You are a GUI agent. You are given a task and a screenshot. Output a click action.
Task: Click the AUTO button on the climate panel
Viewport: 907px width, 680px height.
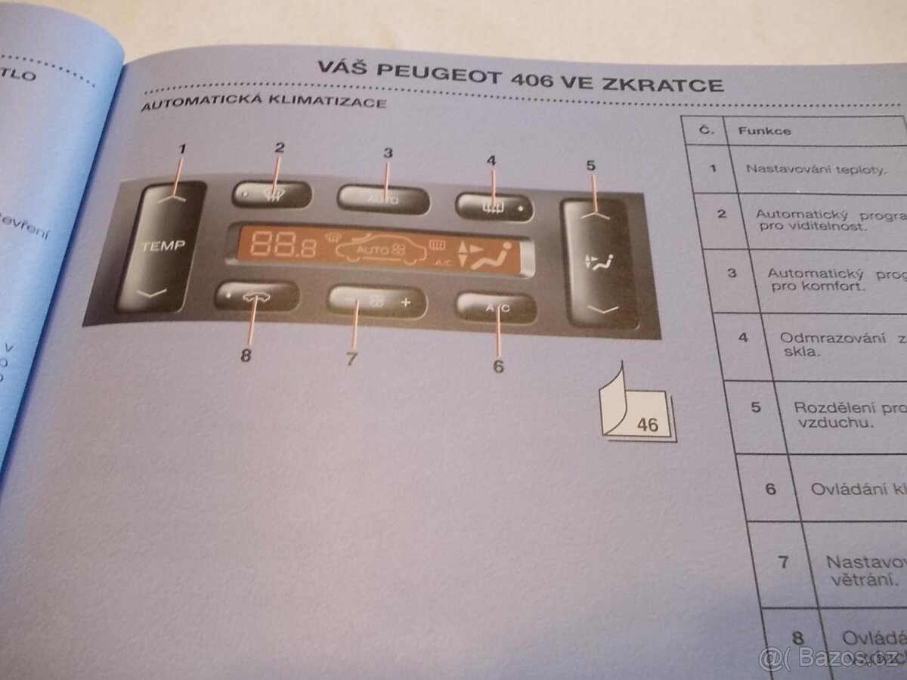[x=382, y=199]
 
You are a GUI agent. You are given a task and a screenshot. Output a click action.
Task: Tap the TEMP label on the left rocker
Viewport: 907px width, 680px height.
[x=162, y=246]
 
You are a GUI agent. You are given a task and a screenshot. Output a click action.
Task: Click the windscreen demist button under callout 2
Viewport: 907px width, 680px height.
[x=271, y=195]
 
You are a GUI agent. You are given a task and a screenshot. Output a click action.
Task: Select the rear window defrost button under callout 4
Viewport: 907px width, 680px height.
[x=494, y=206]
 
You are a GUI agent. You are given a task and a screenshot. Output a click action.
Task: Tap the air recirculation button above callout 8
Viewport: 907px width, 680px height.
[x=255, y=295]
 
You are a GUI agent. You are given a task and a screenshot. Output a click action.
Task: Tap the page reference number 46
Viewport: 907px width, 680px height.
[x=647, y=425]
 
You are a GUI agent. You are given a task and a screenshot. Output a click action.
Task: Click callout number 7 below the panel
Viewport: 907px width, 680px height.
[x=351, y=360]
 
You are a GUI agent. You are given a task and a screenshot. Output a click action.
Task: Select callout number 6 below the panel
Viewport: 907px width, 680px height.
[x=498, y=366]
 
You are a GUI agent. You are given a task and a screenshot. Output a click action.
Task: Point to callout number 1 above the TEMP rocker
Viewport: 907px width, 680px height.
[x=181, y=150]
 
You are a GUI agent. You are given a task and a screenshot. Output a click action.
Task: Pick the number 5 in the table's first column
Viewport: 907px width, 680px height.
[x=756, y=408]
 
